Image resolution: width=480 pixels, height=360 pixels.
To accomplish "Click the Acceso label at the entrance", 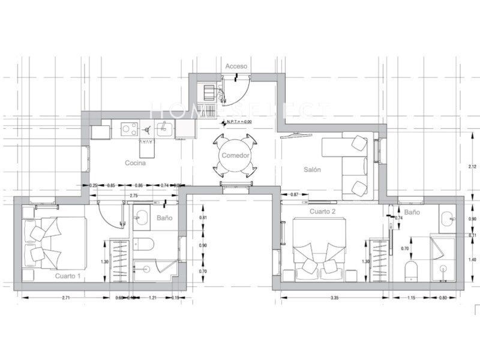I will (x=236, y=65).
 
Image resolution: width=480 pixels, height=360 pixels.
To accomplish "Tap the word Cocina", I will (x=136, y=163).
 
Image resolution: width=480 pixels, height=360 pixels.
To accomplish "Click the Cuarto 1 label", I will (x=68, y=276).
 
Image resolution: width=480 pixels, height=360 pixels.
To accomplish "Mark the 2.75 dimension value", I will (x=134, y=196).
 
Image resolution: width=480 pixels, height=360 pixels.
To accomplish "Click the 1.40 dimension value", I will (x=472, y=259).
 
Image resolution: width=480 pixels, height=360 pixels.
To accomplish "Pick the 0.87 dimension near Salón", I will (x=294, y=195).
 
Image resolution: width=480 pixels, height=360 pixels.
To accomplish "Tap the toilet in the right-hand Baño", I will (x=411, y=270).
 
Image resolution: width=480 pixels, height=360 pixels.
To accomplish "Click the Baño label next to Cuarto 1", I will (x=164, y=218).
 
